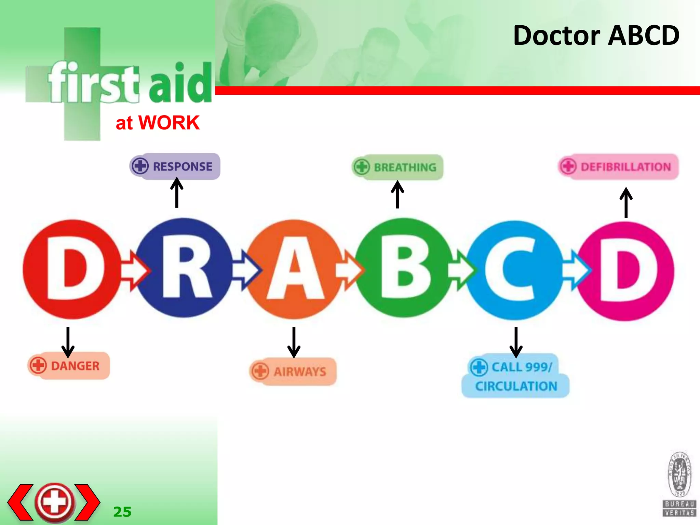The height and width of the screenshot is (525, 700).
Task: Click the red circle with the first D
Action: point(72,269)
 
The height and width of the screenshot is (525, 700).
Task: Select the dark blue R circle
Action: point(185,268)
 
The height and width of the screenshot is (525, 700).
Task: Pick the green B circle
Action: point(404,268)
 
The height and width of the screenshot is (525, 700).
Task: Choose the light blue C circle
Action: point(515,270)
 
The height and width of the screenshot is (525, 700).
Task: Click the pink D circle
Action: point(625,271)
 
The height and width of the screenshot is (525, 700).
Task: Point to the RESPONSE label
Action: point(175,166)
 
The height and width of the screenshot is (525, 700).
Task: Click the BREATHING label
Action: point(398,167)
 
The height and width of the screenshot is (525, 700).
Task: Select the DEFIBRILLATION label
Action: point(619,167)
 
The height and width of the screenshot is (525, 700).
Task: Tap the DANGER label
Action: point(69,366)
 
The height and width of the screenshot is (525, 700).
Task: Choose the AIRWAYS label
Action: point(293,372)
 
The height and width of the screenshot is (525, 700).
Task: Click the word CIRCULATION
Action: point(516,386)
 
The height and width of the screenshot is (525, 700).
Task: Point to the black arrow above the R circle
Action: point(177,193)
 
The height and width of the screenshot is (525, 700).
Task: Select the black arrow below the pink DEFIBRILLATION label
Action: point(626,202)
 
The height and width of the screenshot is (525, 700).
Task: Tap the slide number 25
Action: point(122,512)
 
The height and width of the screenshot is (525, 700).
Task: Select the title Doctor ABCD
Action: point(596,36)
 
